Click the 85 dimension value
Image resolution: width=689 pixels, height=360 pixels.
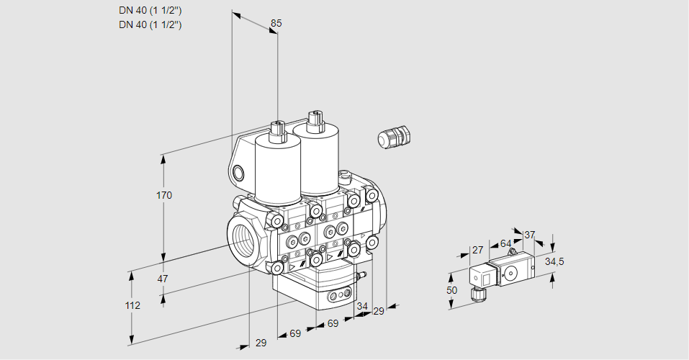pyautogui.click(x=276, y=23)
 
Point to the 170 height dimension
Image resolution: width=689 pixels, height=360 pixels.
pyautogui.click(x=165, y=196)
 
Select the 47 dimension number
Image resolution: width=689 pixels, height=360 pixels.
pyautogui.click(x=163, y=279)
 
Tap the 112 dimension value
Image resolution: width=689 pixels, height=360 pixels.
pyautogui.click(x=132, y=305)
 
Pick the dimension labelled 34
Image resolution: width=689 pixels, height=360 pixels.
pyautogui.click(x=361, y=306)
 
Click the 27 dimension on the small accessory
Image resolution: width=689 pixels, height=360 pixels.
pyautogui.click(x=477, y=250)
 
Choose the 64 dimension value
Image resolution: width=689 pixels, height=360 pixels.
pyautogui.click(x=505, y=243)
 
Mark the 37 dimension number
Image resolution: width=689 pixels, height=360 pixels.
pyautogui.click(x=530, y=235)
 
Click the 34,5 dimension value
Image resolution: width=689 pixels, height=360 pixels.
pyautogui.click(x=554, y=261)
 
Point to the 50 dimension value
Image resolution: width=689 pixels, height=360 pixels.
pyautogui.click(x=451, y=290)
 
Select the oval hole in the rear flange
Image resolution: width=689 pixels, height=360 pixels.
pyautogui.click(x=239, y=172)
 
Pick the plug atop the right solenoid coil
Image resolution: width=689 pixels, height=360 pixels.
pyautogui.click(x=313, y=120)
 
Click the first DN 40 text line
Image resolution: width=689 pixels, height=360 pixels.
pyautogui.click(x=150, y=10)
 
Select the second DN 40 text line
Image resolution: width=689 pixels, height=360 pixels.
pyautogui.click(x=150, y=24)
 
